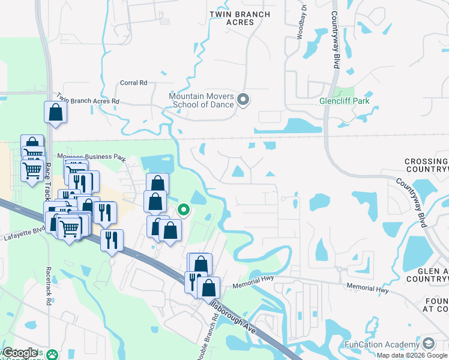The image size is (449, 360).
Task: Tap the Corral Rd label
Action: [x=134, y=83]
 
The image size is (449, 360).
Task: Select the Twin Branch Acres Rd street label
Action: [x=88, y=99]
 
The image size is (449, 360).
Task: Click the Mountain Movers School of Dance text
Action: [x=201, y=100]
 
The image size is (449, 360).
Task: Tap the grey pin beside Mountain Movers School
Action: [x=243, y=100]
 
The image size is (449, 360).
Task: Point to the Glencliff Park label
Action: [x=349, y=101]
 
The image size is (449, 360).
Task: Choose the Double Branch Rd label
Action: [x=203, y=340]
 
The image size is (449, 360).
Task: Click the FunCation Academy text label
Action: [x=381, y=344]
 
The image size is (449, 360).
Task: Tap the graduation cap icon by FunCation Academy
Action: [x=429, y=344]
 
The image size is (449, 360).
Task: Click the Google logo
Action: [x=21, y=353]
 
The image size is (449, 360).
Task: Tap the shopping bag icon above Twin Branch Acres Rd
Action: [x=55, y=112]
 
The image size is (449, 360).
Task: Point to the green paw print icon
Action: [x=55, y=354]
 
